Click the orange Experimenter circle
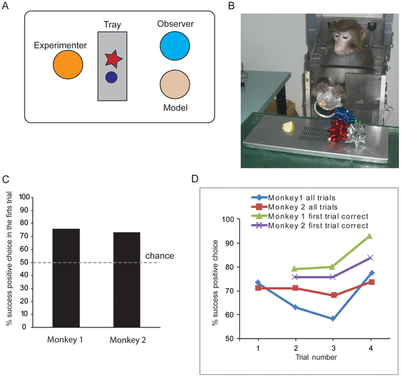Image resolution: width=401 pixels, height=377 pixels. point(68,64)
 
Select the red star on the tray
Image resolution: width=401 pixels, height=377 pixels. point(114,59)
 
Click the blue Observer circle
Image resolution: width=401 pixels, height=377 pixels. point(175,47)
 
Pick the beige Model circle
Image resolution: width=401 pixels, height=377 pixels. point(175,86)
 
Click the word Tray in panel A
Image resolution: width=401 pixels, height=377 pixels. point(112,26)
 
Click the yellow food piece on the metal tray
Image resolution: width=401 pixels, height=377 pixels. point(289,126)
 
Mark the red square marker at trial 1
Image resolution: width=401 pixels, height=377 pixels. point(258,288)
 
